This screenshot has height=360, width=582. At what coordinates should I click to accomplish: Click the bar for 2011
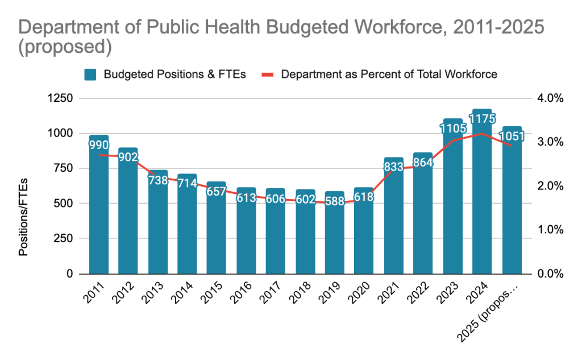click(99, 216)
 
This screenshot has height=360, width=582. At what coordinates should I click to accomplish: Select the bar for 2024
click(483, 205)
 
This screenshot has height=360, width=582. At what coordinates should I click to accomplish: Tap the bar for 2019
click(335, 239)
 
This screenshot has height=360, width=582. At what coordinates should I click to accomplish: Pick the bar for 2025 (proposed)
click(512, 210)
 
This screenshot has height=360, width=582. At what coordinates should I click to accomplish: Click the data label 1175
click(483, 119)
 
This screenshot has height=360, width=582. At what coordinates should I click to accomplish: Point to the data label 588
click(335, 202)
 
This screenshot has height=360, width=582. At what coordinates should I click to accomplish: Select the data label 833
click(393, 168)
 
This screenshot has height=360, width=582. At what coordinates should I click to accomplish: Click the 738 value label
click(158, 181)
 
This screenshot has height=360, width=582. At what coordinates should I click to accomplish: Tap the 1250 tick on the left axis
click(61, 98)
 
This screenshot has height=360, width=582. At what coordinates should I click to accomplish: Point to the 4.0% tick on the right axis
click(548, 98)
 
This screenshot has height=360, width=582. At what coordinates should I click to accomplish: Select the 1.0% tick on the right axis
click(548, 230)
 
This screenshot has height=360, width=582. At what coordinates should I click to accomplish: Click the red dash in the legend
click(269, 75)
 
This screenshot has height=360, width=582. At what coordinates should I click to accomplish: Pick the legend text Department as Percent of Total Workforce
click(389, 75)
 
